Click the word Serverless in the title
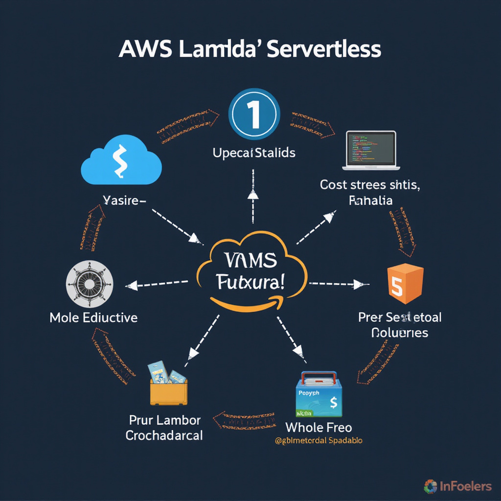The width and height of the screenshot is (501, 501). click(325, 50)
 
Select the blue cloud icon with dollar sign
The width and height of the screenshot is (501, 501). click(121, 160)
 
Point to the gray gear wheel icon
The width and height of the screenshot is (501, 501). click(89, 284)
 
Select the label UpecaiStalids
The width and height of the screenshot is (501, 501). click(254, 153)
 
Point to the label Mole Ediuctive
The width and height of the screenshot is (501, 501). click(93, 318)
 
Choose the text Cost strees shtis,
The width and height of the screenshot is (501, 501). click(370, 185)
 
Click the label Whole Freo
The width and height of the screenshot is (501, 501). click(319, 427)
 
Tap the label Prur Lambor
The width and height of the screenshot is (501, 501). click(164, 420)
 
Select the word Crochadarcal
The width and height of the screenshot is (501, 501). click(164, 435)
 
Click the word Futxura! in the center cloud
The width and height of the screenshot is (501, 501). click(252, 282)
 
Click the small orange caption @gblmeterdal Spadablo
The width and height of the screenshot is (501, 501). click(318, 440)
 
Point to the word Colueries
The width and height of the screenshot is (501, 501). click(400, 333)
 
